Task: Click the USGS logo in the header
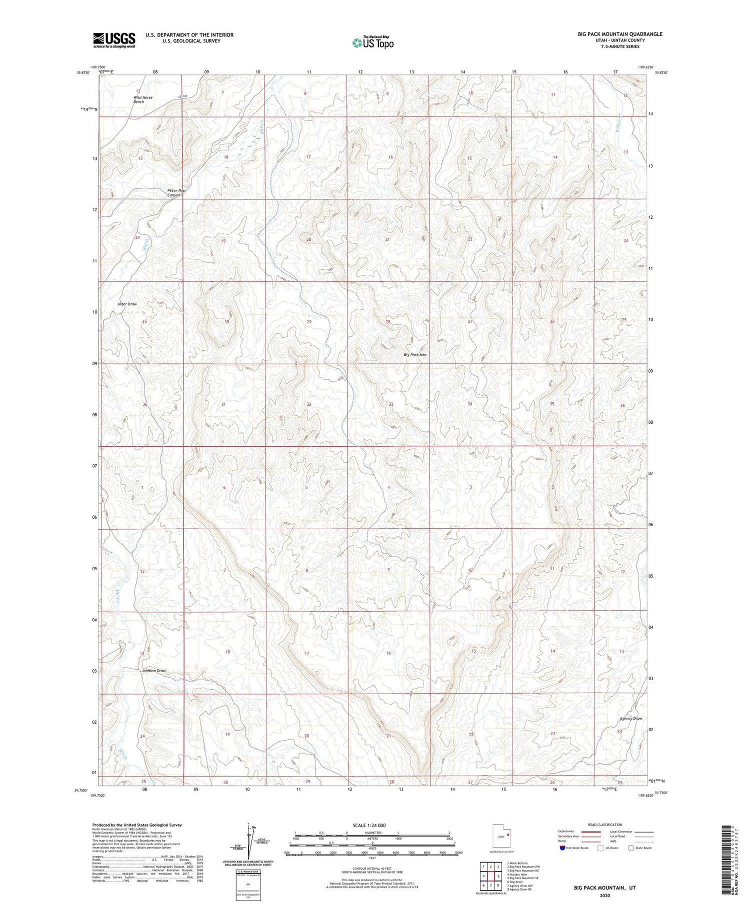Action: click(x=114, y=40)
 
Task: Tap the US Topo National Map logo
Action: click(x=372, y=42)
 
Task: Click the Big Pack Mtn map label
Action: click(x=415, y=354)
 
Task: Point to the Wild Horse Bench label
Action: click(x=142, y=99)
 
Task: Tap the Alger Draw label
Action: click(x=127, y=304)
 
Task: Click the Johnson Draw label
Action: click(x=153, y=671)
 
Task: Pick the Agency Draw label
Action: click(x=630, y=718)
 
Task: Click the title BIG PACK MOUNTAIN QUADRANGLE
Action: click(x=620, y=34)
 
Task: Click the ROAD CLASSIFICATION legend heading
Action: click(x=605, y=825)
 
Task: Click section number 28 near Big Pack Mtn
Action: click(x=388, y=322)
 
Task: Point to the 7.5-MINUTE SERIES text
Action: click(x=620, y=46)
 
